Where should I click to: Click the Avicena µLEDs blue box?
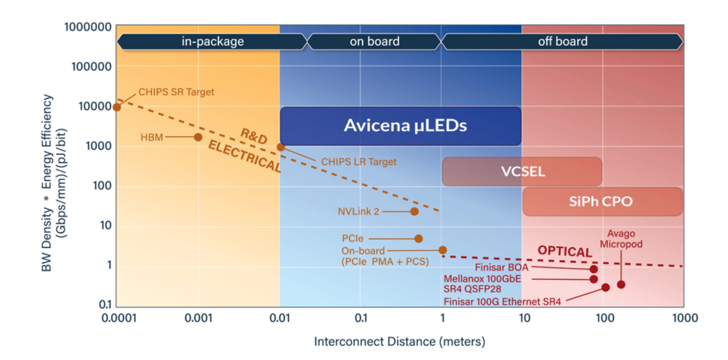pyautogui.click(x=400, y=126)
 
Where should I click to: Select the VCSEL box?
pyautogui.click(x=522, y=171)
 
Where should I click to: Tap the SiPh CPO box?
pyautogui.click(x=603, y=202)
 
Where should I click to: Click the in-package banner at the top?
pyautogui.click(x=212, y=41)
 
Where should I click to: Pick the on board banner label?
pyautogui.click(x=374, y=41)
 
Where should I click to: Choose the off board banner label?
pyautogui.click(x=563, y=41)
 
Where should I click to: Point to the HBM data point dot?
pyautogui.click(x=198, y=137)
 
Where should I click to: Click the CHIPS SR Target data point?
pyautogui.click(x=117, y=107)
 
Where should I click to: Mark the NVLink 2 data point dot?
pyautogui.click(x=415, y=212)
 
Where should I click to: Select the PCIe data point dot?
pyautogui.click(x=419, y=239)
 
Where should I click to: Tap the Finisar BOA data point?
pyautogui.click(x=593, y=269)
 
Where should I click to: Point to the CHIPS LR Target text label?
pyautogui.click(x=359, y=162)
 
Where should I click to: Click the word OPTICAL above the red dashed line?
pyautogui.click(x=565, y=251)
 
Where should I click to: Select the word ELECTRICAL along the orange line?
pyautogui.click(x=244, y=157)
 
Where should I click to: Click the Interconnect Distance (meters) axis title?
pyautogui.click(x=400, y=342)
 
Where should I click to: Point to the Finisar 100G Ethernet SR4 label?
pyautogui.click(x=502, y=301)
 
